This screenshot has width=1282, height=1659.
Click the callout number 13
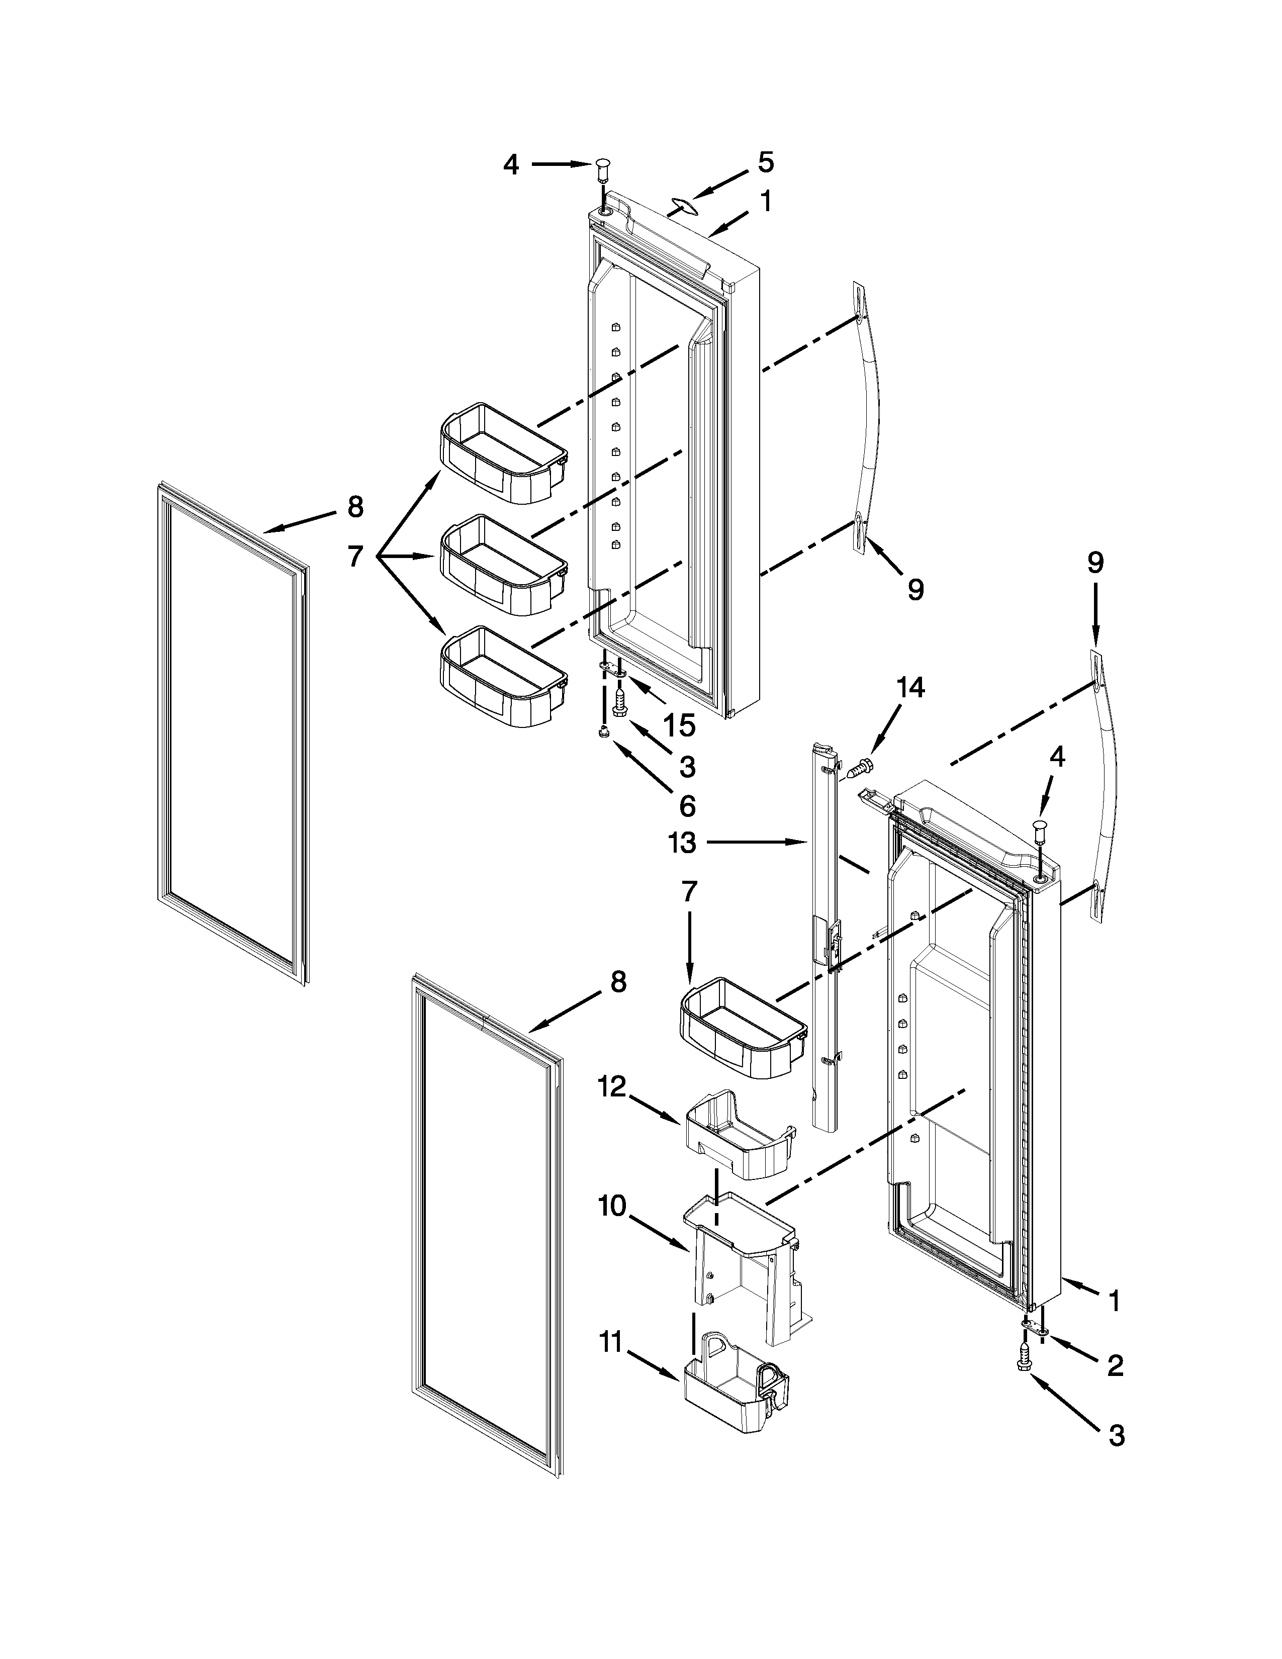click(x=683, y=843)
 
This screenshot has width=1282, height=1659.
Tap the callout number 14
click(x=910, y=688)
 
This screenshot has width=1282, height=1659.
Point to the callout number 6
click(x=687, y=805)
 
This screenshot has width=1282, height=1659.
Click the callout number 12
click(x=611, y=1088)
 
